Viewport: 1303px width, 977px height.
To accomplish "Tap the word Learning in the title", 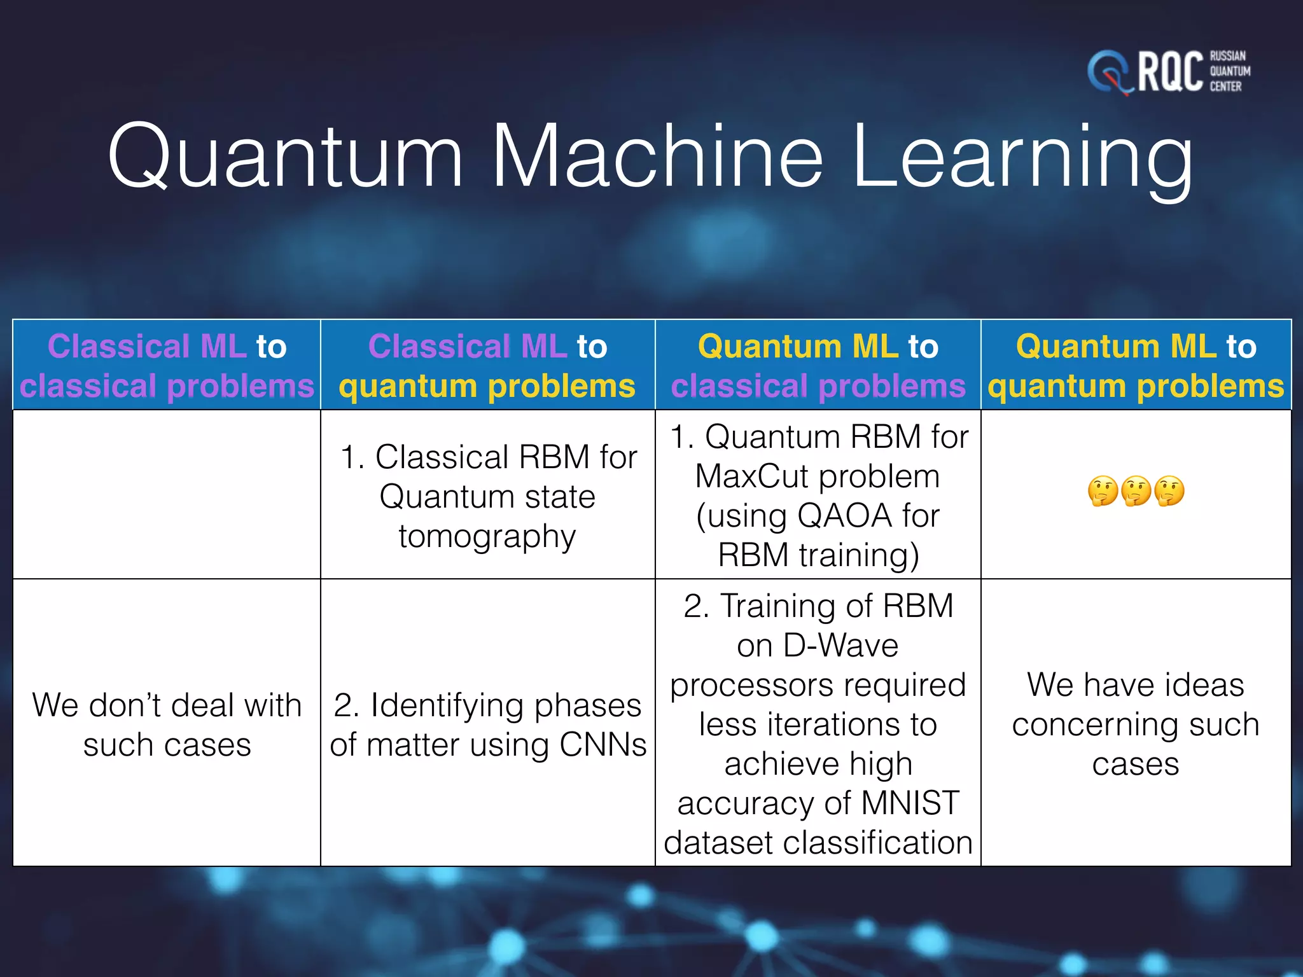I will click(1022, 159).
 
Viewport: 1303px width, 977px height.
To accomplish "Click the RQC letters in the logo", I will click(1169, 72).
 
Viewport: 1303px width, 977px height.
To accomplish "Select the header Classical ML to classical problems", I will click(167, 366).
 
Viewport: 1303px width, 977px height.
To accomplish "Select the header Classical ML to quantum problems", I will click(487, 366).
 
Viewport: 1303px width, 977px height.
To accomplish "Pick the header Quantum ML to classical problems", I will click(818, 366).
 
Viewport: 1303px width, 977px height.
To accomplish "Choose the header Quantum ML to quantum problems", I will click(1136, 366).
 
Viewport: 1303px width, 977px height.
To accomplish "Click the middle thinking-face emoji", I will click(1136, 491).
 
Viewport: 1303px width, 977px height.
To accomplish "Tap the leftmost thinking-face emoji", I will click(1103, 491).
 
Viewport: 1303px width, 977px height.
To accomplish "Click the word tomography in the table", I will click(487, 536).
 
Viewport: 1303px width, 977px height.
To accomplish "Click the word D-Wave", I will click(841, 646).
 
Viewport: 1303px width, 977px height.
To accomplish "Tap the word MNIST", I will click(910, 803).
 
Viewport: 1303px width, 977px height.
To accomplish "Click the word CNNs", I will click(603, 744).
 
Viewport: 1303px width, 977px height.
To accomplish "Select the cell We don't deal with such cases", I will click(167, 724).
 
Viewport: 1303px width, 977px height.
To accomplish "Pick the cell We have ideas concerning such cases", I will click(1136, 724).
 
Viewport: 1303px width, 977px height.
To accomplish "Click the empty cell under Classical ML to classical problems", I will click(167, 494).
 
